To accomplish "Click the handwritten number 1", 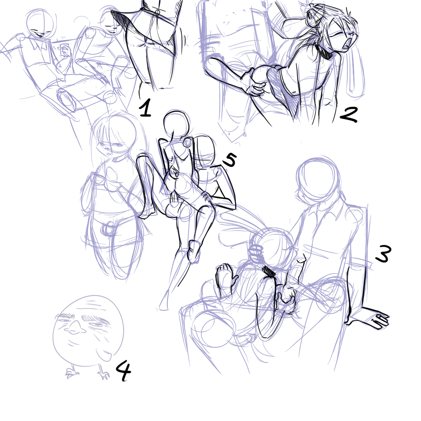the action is click(x=146, y=108).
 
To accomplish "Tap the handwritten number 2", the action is click(x=349, y=115).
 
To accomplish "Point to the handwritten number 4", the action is click(x=123, y=370).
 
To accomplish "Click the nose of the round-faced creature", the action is click(x=75, y=327).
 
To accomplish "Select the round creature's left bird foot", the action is click(x=72, y=373).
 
